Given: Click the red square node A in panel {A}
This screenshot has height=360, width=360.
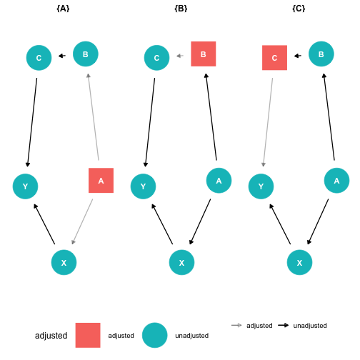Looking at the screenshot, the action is [x=101, y=181].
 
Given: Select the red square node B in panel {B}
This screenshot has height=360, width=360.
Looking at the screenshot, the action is [x=204, y=54].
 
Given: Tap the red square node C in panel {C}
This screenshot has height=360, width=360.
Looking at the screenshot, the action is [x=274, y=58].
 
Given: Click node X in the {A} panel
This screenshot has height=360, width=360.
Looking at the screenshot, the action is [x=64, y=262].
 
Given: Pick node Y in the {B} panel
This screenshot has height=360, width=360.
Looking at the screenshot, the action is [x=143, y=186].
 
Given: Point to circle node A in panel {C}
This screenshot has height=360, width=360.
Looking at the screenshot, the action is [x=336, y=181].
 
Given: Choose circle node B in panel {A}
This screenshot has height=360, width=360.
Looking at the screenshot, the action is [x=86, y=54].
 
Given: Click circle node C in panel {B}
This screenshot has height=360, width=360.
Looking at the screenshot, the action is [x=156, y=58].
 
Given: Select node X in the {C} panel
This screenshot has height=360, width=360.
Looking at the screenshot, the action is [x=299, y=262].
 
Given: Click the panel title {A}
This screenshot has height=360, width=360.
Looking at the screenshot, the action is [x=63, y=9].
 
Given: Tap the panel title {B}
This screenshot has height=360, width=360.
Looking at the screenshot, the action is [x=181, y=9].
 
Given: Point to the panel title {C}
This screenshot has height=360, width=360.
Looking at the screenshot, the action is [x=299, y=9].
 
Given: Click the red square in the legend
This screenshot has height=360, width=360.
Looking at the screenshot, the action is [x=88, y=335].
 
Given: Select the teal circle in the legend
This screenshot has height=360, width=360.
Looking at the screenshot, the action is [x=155, y=335].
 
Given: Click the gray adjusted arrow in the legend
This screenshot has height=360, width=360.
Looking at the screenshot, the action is [x=236, y=325].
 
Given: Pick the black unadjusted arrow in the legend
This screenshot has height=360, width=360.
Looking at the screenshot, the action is [x=284, y=325].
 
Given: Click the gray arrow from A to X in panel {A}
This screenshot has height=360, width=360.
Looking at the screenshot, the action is [x=82, y=221].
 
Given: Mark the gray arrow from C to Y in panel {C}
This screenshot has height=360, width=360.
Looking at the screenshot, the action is [x=268, y=122].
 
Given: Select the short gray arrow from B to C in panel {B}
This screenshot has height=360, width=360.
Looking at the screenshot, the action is [x=180, y=56].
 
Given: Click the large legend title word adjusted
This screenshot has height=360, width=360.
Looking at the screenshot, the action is [x=51, y=336].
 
